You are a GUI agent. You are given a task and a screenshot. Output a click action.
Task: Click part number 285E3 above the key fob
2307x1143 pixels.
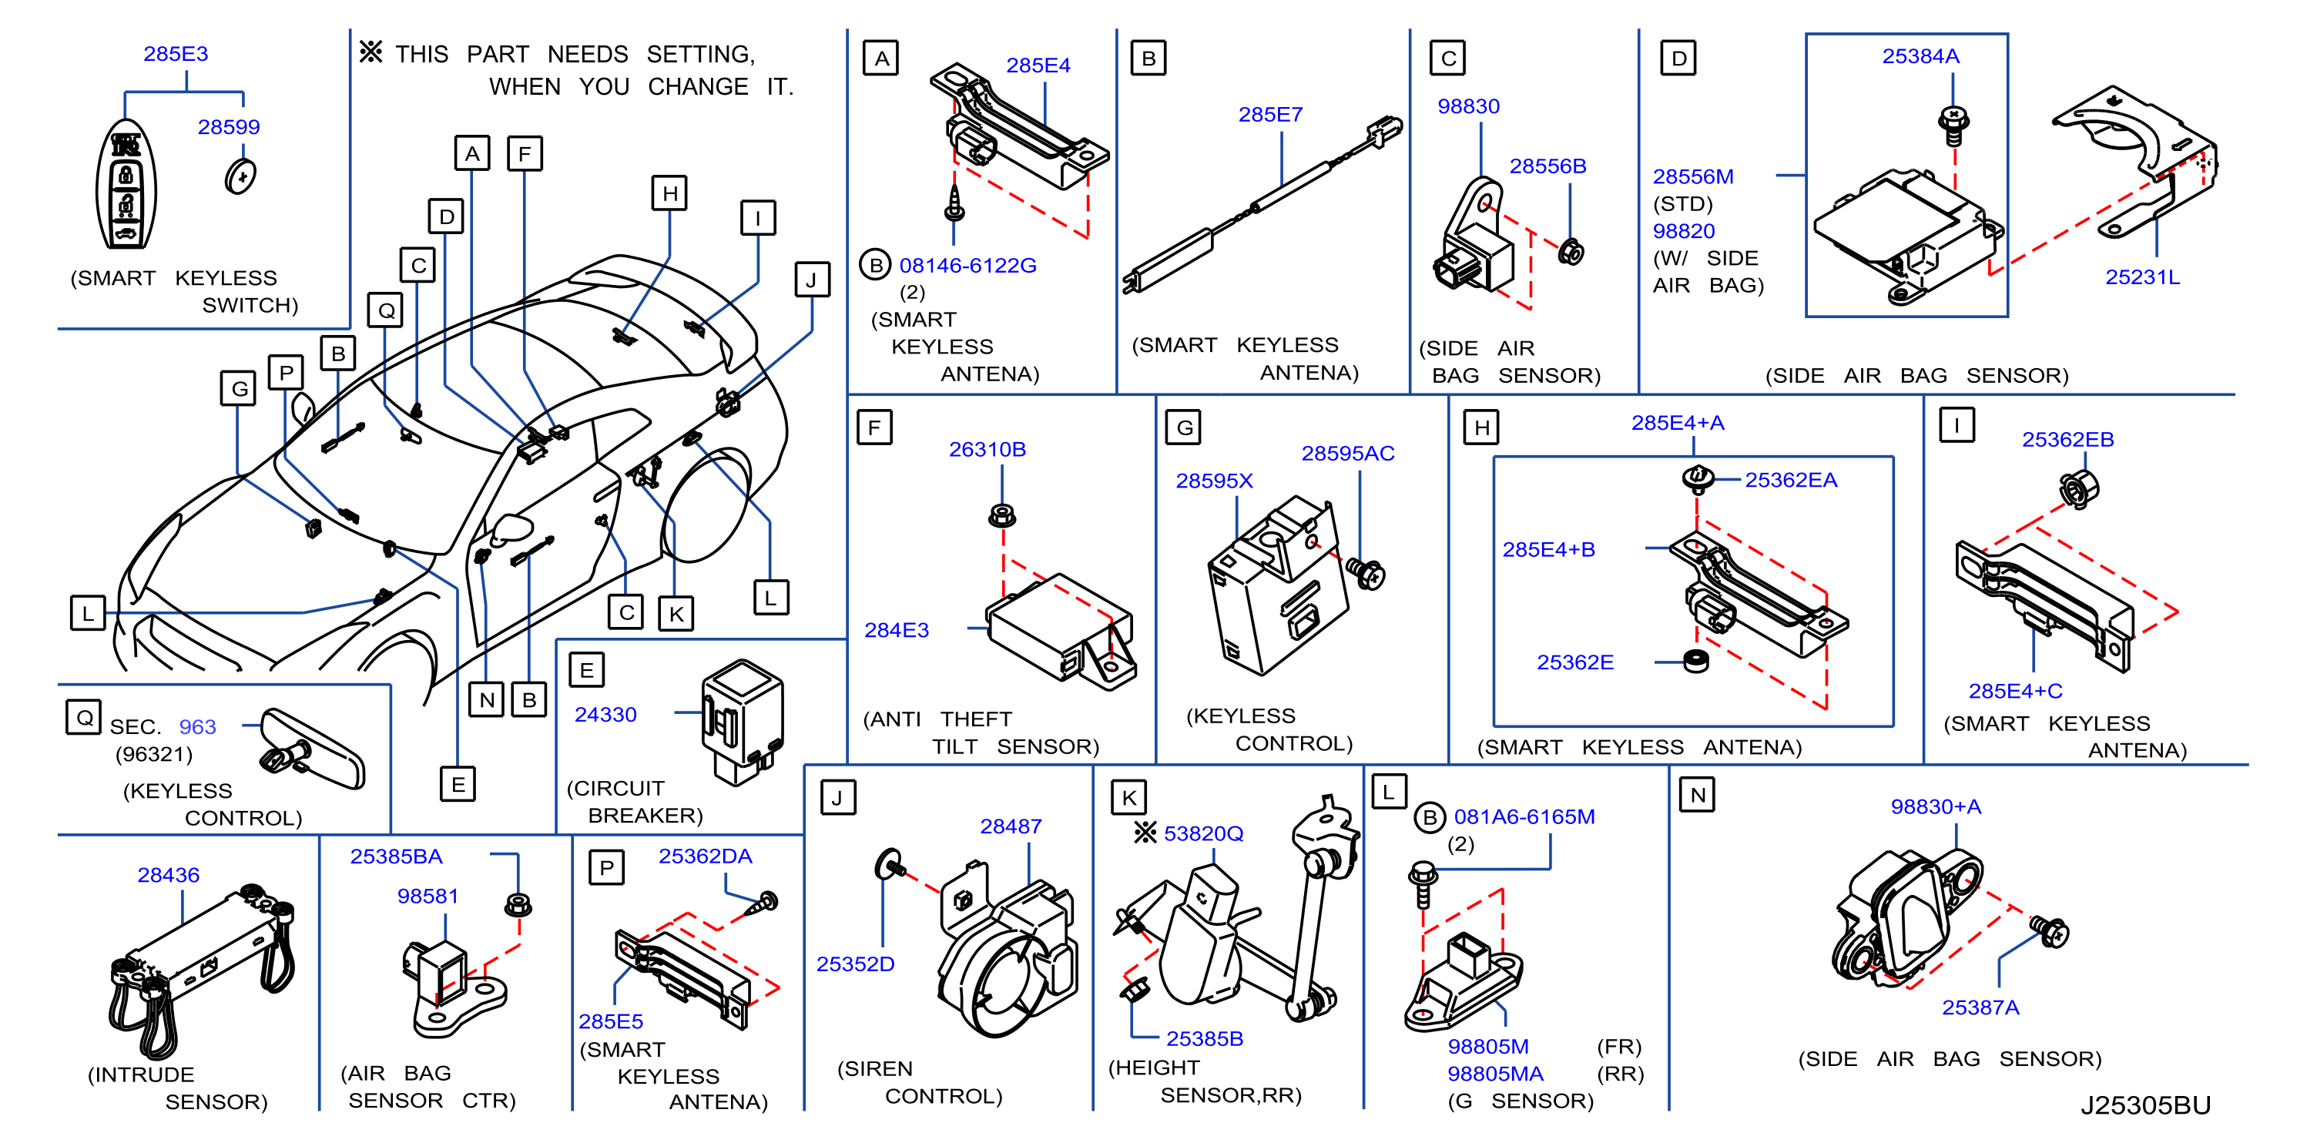pos(176,54)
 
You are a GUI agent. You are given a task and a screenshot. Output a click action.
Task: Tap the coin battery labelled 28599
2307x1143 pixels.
pos(240,176)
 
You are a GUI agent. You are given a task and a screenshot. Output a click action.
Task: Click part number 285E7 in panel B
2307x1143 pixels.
pos(1270,115)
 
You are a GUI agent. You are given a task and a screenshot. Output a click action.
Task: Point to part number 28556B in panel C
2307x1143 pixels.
pos(1548,166)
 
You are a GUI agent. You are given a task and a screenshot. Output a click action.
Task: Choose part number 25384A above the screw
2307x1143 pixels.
pos(1920,55)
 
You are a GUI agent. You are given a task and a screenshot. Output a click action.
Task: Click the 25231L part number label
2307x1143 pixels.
pos(2142,277)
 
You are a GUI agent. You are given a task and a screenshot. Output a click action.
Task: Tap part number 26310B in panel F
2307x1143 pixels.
pos(987,449)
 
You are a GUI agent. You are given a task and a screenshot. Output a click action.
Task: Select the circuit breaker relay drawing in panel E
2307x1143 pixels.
pos(742,722)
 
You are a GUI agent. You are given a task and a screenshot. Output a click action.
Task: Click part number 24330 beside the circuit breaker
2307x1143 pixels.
pos(605,714)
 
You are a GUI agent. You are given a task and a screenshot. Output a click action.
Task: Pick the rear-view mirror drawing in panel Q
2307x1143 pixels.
pos(313,748)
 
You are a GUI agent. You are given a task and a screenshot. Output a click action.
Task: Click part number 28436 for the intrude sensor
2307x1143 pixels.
pos(169,874)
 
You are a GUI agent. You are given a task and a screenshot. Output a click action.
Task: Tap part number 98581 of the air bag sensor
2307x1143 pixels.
pos(428,896)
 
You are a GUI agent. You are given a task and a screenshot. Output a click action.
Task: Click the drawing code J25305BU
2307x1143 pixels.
pos(2145,1104)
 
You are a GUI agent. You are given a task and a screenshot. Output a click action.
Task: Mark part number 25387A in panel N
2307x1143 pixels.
pos(1980,1007)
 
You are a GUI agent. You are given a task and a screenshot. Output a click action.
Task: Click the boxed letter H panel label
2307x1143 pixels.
pos(1481,427)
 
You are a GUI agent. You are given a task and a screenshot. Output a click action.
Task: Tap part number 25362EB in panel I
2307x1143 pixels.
pos(2068,439)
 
